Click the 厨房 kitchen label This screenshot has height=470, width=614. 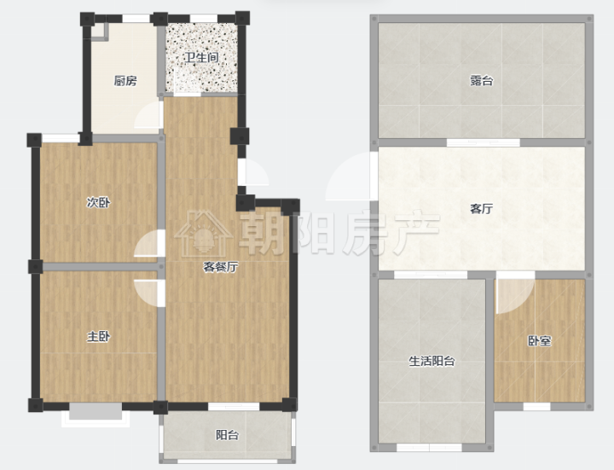point(125,81)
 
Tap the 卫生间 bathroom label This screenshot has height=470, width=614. point(201,57)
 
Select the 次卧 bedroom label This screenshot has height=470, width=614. point(98,202)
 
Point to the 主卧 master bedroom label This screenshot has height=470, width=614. point(98,336)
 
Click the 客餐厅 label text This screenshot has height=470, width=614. point(221,267)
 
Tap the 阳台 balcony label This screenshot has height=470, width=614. point(227,435)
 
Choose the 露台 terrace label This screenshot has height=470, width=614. point(481,81)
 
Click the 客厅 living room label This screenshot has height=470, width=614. point(481,209)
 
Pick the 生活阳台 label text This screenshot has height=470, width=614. point(432,361)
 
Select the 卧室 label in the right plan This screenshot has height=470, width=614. point(540,340)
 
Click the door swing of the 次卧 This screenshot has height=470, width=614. point(148,244)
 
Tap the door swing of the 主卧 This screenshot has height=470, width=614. point(149,293)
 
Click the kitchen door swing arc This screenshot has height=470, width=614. point(148,115)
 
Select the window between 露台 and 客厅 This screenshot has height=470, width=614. point(484,142)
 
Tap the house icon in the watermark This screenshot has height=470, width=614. point(203,234)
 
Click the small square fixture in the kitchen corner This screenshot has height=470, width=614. point(100,32)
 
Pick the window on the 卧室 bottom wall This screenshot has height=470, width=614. point(537,407)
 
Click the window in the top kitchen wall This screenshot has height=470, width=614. point(136,19)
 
